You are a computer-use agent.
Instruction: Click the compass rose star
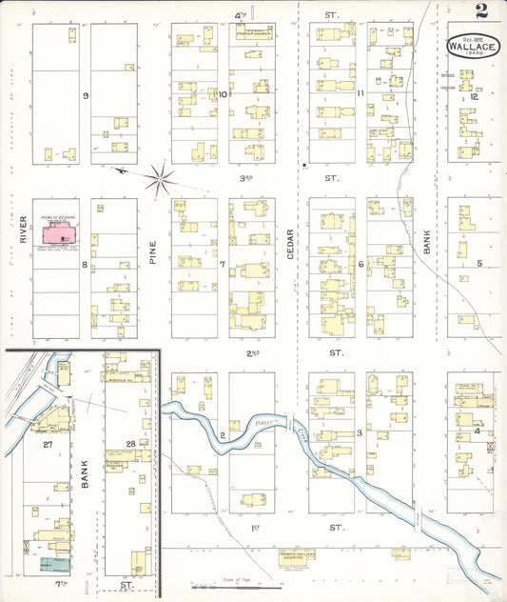pyautogui.click(x=163, y=174)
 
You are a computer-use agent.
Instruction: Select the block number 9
pyautogui.click(x=86, y=96)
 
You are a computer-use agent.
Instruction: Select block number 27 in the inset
pyautogui.click(x=45, y=444)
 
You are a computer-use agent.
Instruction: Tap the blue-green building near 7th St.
pyautogui.click(x=45, y=564)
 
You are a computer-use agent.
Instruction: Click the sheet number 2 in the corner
pyautogui.click(x=483, y=12)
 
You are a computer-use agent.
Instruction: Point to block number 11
pyautogui.click(x=361, y=93)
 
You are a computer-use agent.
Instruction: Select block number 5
pyautogui.click(x=479, y=263)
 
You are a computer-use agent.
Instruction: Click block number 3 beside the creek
pyautogui.click(x=359, y=433)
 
